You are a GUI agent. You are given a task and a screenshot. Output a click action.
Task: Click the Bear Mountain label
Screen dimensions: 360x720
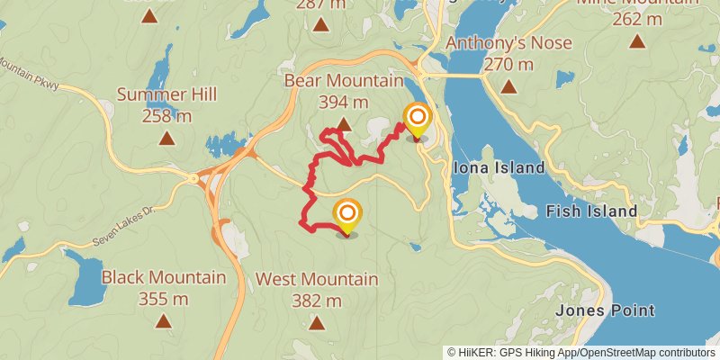click(x=343, y=82)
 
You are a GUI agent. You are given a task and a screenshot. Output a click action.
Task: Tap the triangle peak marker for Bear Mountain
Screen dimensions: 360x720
click(x=343, y=124)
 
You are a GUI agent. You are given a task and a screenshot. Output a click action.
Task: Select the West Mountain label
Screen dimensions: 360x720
click(x=317, y=279)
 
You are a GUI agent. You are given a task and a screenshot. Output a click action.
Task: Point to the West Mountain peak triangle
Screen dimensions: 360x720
click(x=317, y=321)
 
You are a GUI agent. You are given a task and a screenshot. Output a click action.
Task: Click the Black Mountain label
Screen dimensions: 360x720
click(x=164, y=277)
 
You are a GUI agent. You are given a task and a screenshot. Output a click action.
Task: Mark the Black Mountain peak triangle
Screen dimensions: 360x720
click(x=164, y=320)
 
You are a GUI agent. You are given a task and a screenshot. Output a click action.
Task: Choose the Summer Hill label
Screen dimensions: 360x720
click(x=166, y=94)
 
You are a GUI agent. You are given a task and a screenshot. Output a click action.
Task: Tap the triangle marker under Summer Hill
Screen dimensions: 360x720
click(x=166, y=138)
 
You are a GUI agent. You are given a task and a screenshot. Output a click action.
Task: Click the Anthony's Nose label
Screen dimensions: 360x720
click(x=508, y=43)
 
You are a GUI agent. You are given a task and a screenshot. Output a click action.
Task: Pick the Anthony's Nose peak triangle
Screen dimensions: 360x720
click(x=508, y=86)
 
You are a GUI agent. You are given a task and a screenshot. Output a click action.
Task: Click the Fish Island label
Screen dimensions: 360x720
click(x=592, y=211)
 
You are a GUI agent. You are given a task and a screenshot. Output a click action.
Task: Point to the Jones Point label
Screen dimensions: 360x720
click(x=604, y=310)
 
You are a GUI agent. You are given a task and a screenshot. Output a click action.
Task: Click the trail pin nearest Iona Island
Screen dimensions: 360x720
click(x=417, y=120)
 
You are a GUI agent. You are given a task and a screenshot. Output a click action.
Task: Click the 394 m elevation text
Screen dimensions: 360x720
click(x=343, y=102)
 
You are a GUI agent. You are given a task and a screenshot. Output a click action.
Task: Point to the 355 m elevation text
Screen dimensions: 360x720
click(x=164, y=298)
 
